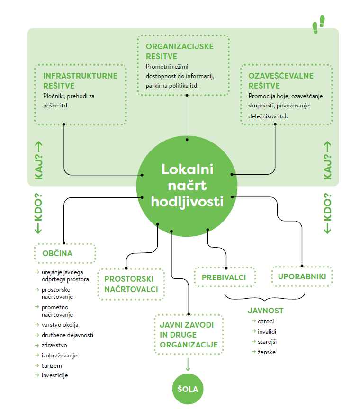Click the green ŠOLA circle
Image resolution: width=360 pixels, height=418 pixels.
pos(188,390)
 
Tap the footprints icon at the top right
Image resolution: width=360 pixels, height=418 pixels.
pos(318,25)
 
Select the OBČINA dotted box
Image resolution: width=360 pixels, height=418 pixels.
pos(65,253)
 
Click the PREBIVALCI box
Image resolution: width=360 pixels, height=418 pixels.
pos(224,277)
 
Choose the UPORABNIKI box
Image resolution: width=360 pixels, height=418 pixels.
pos(302,276)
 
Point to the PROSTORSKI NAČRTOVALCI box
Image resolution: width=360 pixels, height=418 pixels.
pos(131,284)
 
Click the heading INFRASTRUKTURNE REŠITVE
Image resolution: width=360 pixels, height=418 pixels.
pos(80,80)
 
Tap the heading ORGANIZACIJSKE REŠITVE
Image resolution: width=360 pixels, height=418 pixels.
pos(180,51)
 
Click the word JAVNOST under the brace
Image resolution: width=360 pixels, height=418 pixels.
pos(265,311)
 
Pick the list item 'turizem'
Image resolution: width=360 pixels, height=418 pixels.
pos(52,365)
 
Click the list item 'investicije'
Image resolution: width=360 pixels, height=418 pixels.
pos(55,375)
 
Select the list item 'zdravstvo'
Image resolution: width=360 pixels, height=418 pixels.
pos(55,345)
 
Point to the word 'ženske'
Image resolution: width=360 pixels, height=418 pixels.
pos(267,352)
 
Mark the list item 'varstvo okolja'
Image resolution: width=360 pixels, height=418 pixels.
pos(60,325)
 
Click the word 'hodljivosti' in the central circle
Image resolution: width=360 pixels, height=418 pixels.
pos(187,201)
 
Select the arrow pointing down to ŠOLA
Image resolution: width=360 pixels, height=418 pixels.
pos(188,365)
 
